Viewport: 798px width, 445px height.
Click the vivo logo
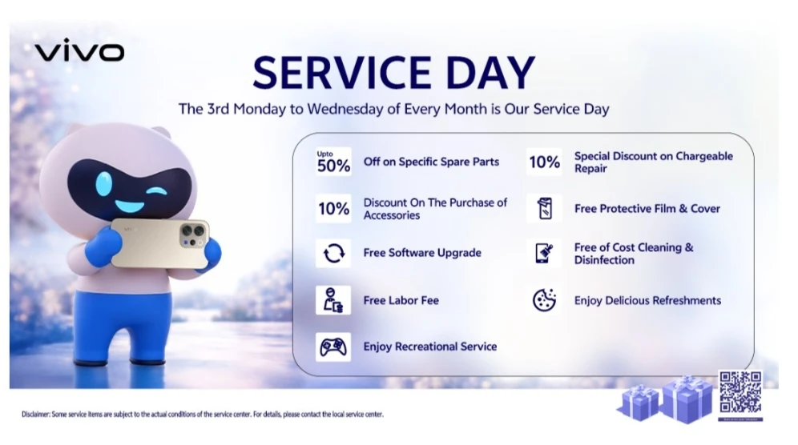click(x=79, y=53)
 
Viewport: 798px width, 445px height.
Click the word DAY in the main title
click(x=487, y=73)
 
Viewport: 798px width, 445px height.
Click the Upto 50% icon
click(x=333, y=162)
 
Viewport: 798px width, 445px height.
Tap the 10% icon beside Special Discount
click(x=544, y=162)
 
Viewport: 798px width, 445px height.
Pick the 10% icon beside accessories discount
click(x=333, y=209)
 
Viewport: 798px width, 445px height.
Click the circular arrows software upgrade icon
click(x=333, y=254)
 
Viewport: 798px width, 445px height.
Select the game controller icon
click(x=333, y=347)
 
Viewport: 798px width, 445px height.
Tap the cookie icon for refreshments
click(x=544, y=300)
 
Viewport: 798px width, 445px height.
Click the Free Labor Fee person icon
click(x=333, y=300)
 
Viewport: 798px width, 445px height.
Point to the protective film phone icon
click(x=544, y=209)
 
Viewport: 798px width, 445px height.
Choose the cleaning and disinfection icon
click(x=544, y=254)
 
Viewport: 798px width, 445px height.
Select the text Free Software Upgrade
click(x=422, y=253)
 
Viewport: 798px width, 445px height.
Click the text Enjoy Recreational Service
click(x=429, y=347)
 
